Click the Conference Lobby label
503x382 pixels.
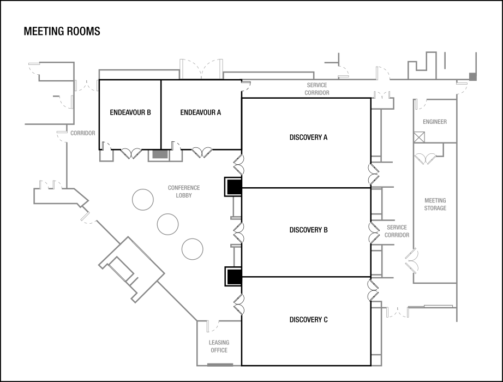click(x=183, y=191)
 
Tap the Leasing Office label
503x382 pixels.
click(x=219, y=346)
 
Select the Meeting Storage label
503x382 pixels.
click(x=435, y=204)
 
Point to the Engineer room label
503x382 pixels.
click(x=434, y=122)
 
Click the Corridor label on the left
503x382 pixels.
click(x=82, y=133)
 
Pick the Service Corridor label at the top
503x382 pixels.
click(x=316, y=88)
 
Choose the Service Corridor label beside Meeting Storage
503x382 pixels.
click(x=397, y=231)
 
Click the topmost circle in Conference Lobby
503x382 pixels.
click(x=143, y=199)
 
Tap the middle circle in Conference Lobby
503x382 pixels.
click(x=167, y=224)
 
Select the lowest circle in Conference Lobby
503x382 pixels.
click(x=192, y=249)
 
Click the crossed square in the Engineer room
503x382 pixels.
click(x=418, y=137)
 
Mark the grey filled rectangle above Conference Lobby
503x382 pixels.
click(x=160, y=155)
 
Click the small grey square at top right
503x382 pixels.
click(x=472, y=77)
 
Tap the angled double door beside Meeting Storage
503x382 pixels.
click(x=411, y=261)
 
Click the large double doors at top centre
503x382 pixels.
click(x=201, y=69)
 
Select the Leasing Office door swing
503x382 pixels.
click(x=213, y=326)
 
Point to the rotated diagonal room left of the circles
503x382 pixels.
click(x=131, y=269)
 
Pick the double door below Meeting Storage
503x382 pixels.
click(x=398, y=313)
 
